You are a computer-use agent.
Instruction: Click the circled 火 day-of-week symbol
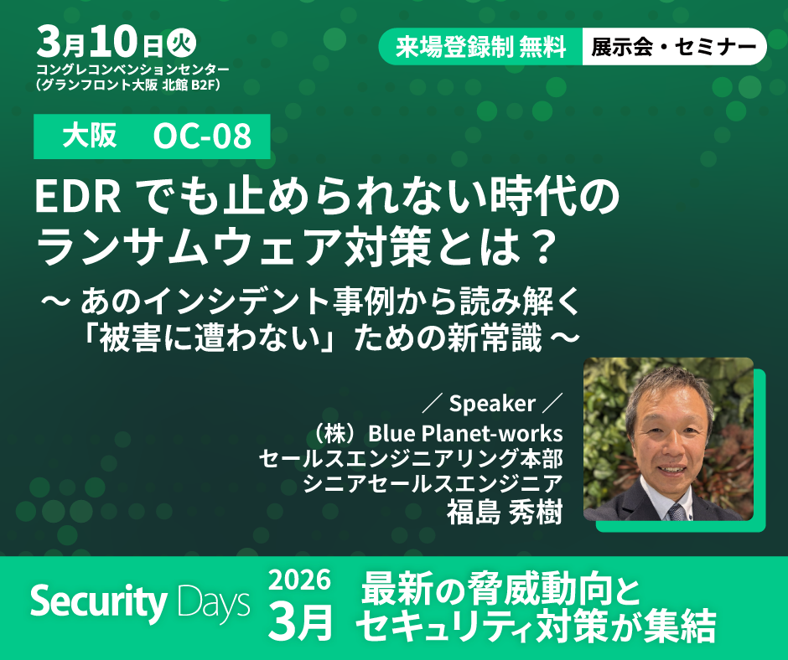[x=181, y=44]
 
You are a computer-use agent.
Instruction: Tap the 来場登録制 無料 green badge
[x=481, y=47]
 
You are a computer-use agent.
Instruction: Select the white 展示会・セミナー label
[x=674, y=47]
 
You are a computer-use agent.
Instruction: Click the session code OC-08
[x=202, y=137]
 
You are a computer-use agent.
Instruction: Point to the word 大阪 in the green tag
[x=90, y=136]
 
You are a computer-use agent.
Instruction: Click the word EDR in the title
[x=78, y=198]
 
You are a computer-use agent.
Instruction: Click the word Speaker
[x=492, y=404]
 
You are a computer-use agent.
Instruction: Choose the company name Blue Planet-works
[x=465, y=434]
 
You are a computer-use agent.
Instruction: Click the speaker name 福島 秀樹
[x=504, y=512]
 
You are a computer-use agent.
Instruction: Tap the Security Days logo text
[x=140, y=603]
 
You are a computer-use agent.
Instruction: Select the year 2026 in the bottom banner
[x=299, y=580]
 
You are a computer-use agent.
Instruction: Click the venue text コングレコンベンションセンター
[x=132, y=70]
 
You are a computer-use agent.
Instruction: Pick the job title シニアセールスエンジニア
[x=433, y=484]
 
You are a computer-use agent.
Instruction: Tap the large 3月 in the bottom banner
[x=300, y=622]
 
